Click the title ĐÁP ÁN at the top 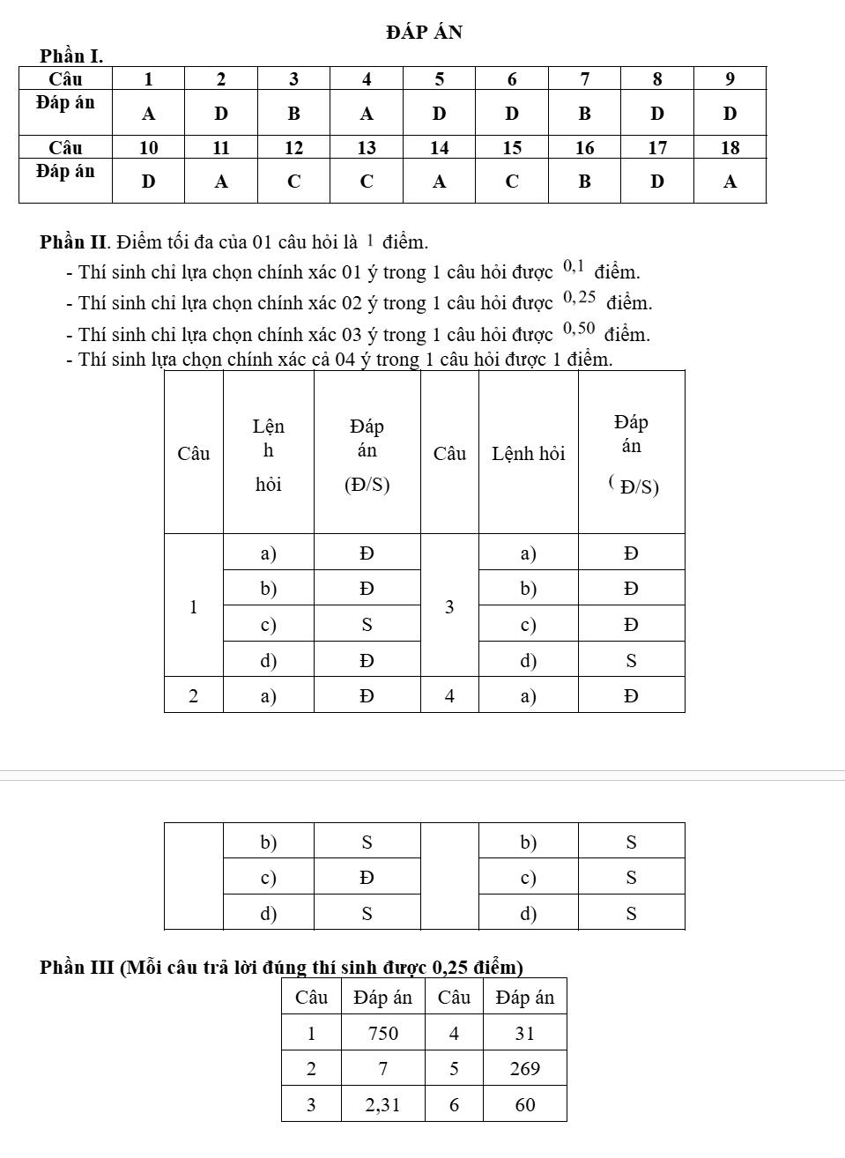click(x=424, y=33)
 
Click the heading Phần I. click(x=71, y=56)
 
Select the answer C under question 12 click(x=293, y=182)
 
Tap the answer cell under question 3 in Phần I click(x=293, y=114)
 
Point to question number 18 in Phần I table click(x=730, y=148)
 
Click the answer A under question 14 click(x=439, y=182)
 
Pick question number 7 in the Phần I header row click(x=584, y=79)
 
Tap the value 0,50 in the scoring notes click(x=579, y=329)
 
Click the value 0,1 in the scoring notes click(x=574, y=265)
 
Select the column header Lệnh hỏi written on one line click(x=528, y=454)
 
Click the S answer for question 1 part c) click(x=367, y=625)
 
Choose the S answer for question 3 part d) click(x=631, y=661)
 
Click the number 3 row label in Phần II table click(x=449, y=607)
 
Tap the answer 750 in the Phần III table click(x=382, y=1034)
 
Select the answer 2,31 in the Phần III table click(x=382, y=1105)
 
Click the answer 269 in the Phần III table click(x=524, y=1069)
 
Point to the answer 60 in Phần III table click(x=524, y=1105)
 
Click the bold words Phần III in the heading click(x=77, y=968)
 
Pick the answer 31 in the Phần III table click(x=524, y=1034)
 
